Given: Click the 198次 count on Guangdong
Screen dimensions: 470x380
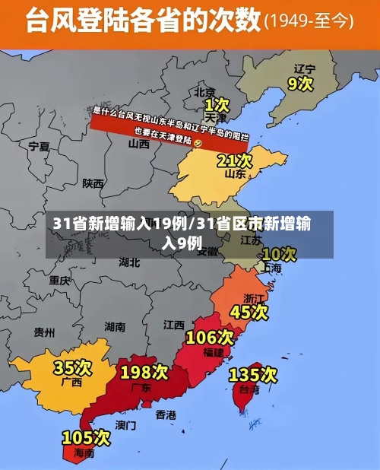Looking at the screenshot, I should click(x=144, y=372).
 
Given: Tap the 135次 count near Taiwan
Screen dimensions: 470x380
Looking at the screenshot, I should click(x=253, y=374).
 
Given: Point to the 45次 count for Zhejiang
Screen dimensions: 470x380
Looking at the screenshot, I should click(x=249, y=312).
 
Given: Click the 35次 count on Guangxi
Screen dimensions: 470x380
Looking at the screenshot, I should click(x=72, y=368).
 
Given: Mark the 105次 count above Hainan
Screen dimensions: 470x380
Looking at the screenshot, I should click(x=86, y=438).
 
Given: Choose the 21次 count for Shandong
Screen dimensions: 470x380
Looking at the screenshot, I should click(x=234, y=160).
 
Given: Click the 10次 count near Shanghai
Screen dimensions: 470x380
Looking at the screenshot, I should click(x=278, y=253).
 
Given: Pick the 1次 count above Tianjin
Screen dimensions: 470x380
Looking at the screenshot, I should click(x=217, y=103).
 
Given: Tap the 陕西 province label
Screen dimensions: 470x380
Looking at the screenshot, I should click(x=93, y=183).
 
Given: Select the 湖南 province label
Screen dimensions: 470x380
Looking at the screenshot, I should click(x=115, y=327).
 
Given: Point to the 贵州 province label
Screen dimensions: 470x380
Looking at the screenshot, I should click(x=44, y=332).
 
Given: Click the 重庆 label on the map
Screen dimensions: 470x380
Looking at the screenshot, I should click(x=60, y=280).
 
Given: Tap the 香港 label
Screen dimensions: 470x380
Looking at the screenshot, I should click(x=166, y=414).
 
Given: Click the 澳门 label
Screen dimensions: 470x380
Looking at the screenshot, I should click(x=125, y=424).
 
